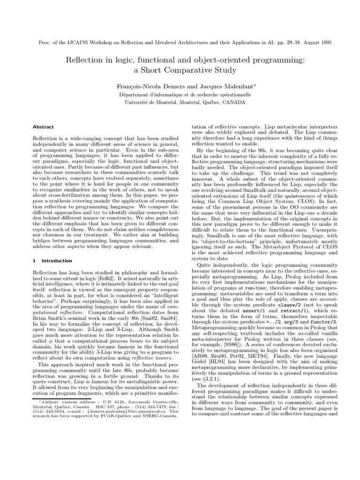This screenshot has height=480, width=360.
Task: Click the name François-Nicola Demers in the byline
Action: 145,86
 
